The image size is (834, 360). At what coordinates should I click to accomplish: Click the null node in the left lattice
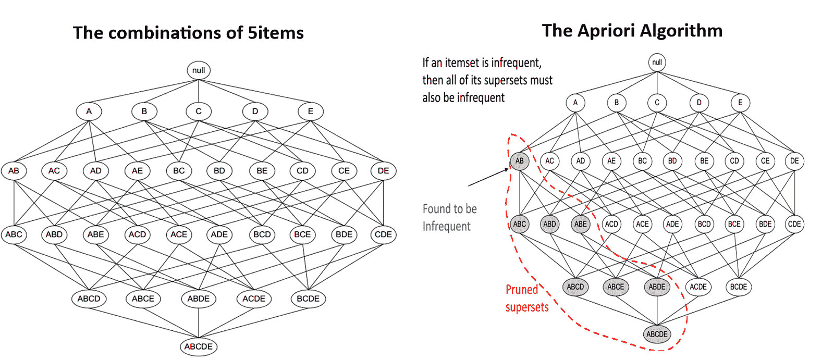click(199, 70)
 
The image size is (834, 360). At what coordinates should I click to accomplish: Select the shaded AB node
click(519, 161)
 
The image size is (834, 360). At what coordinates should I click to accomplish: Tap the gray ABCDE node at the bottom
click(657, 334)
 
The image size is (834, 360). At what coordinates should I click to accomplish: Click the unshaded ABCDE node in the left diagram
click(199, 346)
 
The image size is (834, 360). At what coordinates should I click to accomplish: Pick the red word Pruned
click(522, 290)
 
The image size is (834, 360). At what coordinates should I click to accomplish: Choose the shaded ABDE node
click(657, 287)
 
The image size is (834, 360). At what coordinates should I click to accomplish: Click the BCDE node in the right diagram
click(739, 287)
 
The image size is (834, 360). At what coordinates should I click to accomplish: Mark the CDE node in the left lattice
click(383, 234)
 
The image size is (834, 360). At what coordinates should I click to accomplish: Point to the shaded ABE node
click(580, 224)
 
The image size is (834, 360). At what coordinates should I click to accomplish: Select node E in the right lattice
click(740, 103)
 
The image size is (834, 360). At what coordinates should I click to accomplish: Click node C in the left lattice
click(199, 111)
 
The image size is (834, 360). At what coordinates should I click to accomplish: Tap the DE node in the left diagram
click(383, 171)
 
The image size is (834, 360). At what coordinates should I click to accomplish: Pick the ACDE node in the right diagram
click(698, 287)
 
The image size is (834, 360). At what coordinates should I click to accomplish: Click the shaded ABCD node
click(575, 287)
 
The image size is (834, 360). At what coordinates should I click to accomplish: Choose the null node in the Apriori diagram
click(657, 63)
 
